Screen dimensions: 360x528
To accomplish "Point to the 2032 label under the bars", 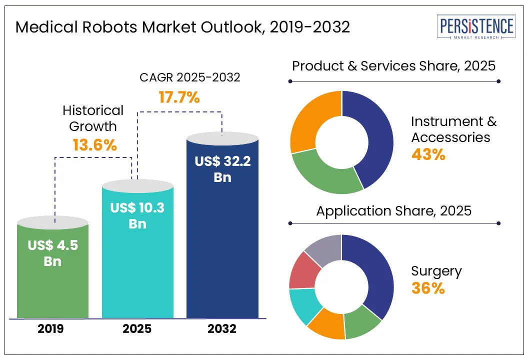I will click(x=222, y=329).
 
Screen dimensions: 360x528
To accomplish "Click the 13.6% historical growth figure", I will click(x=94, y=145).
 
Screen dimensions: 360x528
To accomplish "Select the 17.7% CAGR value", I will click(x=179, y=97).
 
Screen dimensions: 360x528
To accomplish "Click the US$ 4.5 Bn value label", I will click(x=52, y=253).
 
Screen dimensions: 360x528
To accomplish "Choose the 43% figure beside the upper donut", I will click(x=428, y=154).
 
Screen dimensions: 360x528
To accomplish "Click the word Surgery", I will click(x=436, y=271).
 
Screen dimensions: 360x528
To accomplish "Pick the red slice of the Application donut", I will click(x=303, y=270).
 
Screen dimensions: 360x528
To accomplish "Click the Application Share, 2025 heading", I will click(x=393, y=210).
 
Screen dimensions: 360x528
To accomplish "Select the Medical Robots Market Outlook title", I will click(x=182, y=27).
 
